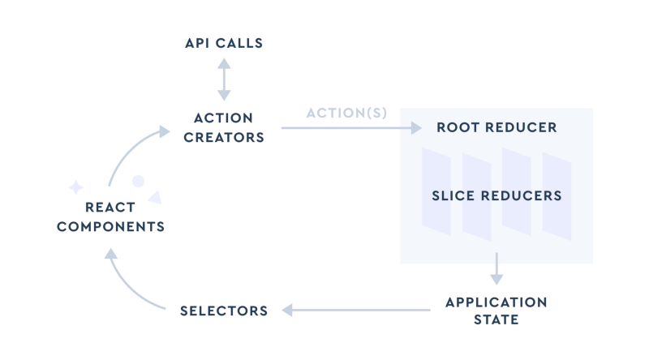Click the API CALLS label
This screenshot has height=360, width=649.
[x=224, y=43]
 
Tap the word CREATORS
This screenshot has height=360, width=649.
[x=224, y=137]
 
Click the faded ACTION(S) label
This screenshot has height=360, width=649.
[x=346, y=113]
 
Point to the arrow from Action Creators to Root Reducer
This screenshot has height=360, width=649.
[x=349, y=128]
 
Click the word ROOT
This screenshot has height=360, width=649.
[x=458, y=127]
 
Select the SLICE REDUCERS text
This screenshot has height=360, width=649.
[x=496, y=196]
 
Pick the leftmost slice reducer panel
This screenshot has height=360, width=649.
[x=436, y=191]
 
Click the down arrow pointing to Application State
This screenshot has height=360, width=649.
[x=496, y=268]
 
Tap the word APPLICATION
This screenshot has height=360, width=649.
[x=496, y=302]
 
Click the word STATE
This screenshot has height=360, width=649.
[x=496, y=319]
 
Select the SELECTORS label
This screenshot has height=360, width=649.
[x=224, y=311]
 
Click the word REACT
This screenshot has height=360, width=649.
[x=110, y=208]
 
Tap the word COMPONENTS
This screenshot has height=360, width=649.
[x=110, y=226]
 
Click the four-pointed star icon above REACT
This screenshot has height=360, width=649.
[x=75, y=187]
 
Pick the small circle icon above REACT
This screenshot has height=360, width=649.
[x=139, y=181]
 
